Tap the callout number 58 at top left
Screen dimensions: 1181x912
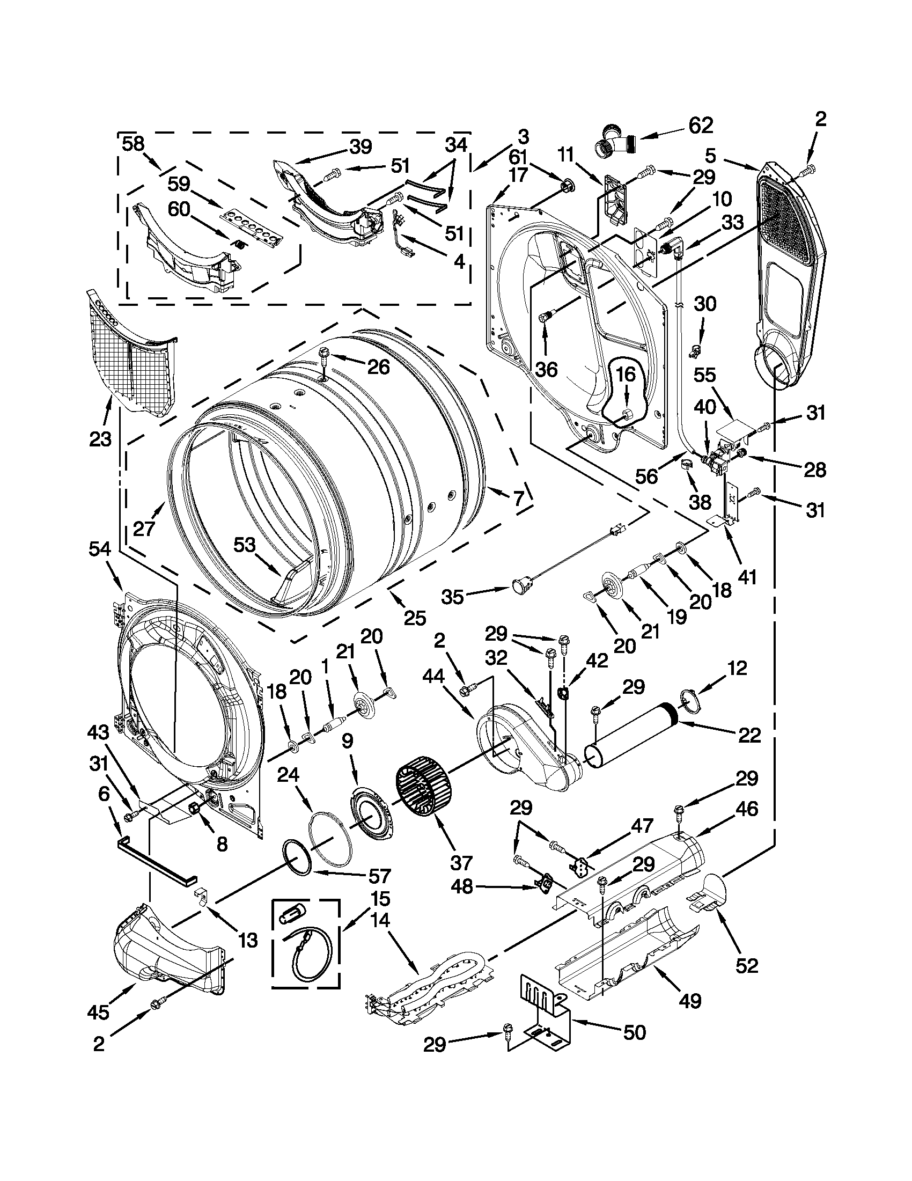click(x=133, y=144)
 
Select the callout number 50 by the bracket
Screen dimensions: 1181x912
click(x=634, y=1047)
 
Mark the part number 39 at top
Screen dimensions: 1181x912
click(x=361, y=146)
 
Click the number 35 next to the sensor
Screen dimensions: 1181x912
click(x=452, y=597)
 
